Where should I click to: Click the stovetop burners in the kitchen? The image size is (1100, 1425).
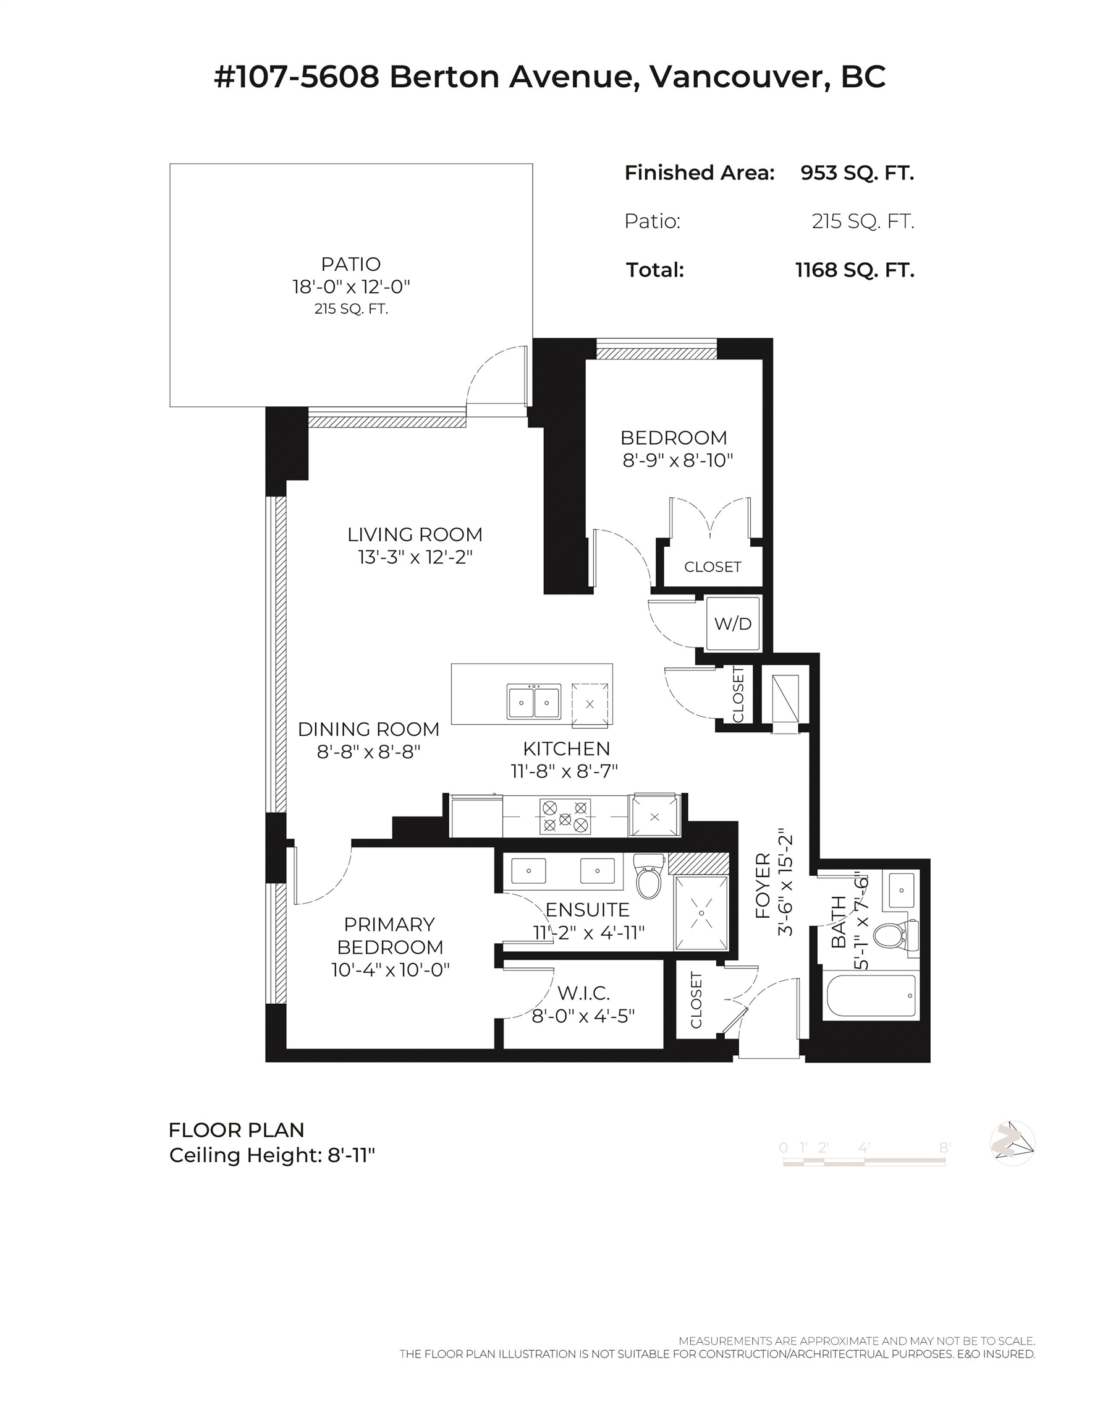tap(565, 816)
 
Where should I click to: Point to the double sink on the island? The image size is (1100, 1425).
tap(533, 702)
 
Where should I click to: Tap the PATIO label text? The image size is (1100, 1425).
tap(351, 264)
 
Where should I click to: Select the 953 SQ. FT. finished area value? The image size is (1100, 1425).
tap(857, 173)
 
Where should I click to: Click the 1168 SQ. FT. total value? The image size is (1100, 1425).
tap(854, 270)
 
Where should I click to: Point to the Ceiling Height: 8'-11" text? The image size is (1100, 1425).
tap(272, 1155)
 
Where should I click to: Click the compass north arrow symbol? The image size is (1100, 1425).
tap(1012, 1144)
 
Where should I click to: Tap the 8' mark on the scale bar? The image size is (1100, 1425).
tap(944, 1148)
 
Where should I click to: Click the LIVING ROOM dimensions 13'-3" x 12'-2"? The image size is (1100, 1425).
tap(415, 557)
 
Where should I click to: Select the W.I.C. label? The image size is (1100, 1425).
tap(583, 993)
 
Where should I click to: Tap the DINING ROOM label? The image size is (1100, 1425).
tap(368, 729)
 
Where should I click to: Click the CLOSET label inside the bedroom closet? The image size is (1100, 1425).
tap(712, 567)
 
